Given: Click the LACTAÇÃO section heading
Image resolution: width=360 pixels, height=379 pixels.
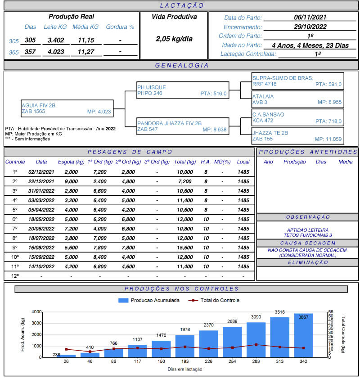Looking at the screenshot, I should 182,6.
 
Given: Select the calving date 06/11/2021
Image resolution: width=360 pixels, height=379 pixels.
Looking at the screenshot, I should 310,18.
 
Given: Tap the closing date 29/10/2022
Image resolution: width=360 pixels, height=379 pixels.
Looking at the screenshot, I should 310,27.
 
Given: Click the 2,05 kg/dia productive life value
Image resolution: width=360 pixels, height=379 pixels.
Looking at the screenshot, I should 174,39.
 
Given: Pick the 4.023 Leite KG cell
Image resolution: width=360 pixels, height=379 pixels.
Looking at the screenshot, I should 56,51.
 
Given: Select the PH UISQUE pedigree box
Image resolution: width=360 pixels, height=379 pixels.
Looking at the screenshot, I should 183,90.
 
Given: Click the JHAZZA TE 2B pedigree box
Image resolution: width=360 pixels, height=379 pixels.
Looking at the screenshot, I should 298,135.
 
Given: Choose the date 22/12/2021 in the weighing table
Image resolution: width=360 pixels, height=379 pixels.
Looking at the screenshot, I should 41,181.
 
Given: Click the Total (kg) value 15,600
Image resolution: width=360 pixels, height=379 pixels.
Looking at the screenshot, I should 185,248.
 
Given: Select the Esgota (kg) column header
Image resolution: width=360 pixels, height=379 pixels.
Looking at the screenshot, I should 71,162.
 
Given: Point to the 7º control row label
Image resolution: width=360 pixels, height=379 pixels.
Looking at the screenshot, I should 15,229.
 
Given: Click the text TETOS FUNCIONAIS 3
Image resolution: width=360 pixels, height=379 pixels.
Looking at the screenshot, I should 307,235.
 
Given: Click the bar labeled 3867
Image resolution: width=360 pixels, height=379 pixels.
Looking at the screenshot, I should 303,335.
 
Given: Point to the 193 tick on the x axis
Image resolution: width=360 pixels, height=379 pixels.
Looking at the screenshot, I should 184,362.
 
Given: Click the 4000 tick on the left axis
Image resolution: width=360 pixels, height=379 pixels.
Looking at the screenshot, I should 36,312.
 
